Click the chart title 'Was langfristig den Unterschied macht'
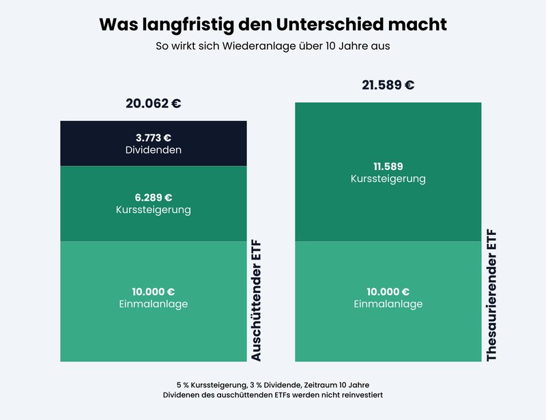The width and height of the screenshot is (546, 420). [273, 25]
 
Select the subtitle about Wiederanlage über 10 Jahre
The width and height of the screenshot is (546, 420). [273, 47]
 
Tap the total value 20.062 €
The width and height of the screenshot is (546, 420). [153, 104]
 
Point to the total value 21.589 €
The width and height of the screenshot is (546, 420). [388, 85]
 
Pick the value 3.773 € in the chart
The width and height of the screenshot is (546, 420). [153, 137]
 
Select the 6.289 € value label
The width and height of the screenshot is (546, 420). [153, 197]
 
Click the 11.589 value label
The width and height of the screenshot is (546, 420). [388, 166]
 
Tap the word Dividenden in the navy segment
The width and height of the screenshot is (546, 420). [153, 150]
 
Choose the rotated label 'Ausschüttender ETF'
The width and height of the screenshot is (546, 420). [256, 300]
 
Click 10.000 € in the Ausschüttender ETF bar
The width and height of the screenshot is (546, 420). [153, 292]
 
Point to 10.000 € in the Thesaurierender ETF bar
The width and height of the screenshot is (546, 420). [388, 292]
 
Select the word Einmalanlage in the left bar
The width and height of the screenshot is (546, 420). [153, 304]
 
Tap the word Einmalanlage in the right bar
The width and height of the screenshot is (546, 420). [388, 304]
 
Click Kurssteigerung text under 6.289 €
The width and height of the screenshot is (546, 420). [153, 210]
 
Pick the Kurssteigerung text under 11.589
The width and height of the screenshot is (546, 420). [388, 178]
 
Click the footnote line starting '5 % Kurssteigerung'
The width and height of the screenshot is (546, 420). [272, 384]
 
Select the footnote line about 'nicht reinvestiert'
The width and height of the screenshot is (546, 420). [272, 395]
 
